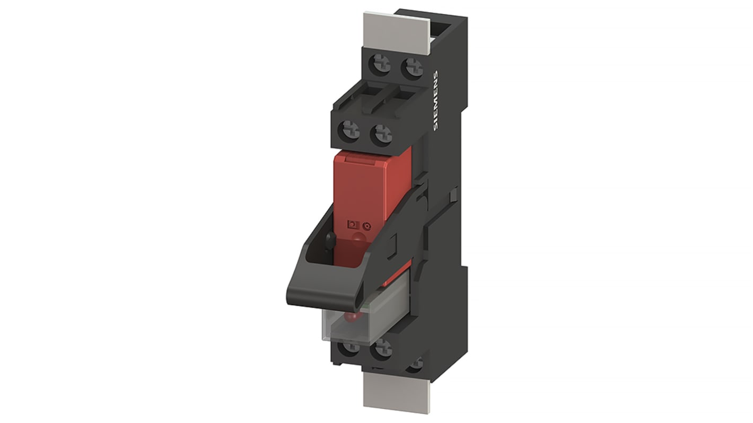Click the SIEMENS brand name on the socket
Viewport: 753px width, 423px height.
click(436, 101)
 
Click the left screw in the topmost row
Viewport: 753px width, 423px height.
click(380, 67)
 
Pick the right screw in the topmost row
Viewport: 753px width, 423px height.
click(411, 68)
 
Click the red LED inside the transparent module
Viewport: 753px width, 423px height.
click(350, 319)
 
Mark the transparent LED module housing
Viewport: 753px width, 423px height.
click(366, 318)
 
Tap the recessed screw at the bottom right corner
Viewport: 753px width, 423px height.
click(417, 363)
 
